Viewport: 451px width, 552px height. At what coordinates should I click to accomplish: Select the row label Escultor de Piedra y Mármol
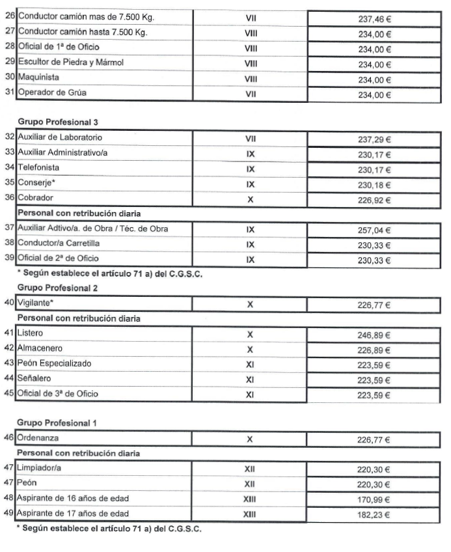pos(71,63)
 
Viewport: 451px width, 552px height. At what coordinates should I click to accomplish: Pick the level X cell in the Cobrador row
pos(250,200)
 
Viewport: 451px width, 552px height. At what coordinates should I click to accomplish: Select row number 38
pos(9,245)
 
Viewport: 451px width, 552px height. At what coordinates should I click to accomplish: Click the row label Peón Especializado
pos(55,363)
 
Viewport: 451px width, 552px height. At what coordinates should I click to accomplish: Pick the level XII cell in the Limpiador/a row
pos(250,469)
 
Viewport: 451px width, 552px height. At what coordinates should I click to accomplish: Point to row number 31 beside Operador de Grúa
pos(9,92)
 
